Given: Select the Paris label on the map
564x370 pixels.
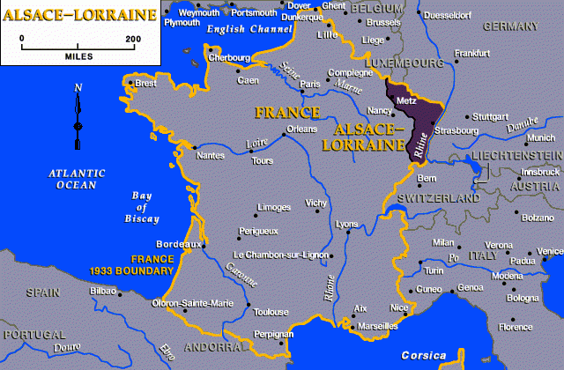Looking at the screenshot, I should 310,85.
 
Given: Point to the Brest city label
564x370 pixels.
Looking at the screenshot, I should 145,85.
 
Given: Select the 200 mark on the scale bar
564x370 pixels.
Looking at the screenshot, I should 133,39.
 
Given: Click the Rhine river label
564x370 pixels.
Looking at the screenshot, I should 422,145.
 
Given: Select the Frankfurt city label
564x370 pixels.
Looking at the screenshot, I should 471,54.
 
